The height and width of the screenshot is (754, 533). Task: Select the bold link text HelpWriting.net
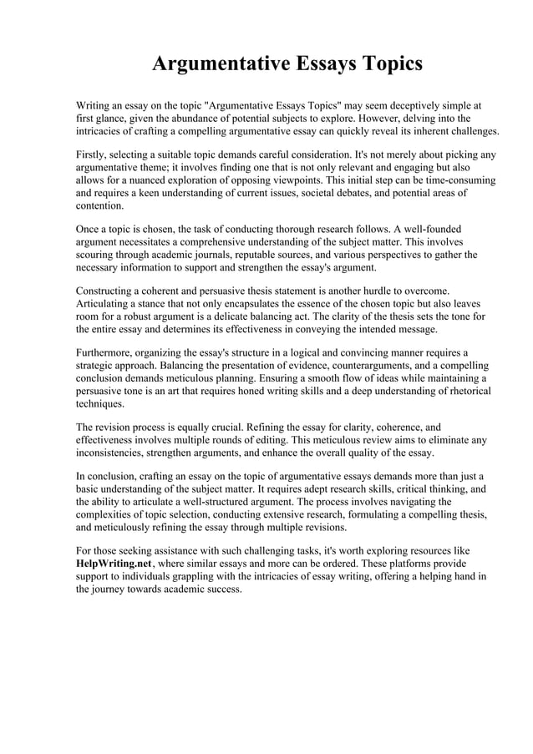pyautogui.click(x=114, y=564)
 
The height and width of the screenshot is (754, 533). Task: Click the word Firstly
pyautogui.click(x=94, y=154)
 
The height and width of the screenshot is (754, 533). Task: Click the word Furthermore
pyautogui.click(x=105, y=352)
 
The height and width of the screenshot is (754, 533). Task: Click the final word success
pyautogui.click(x=224, y=589)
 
